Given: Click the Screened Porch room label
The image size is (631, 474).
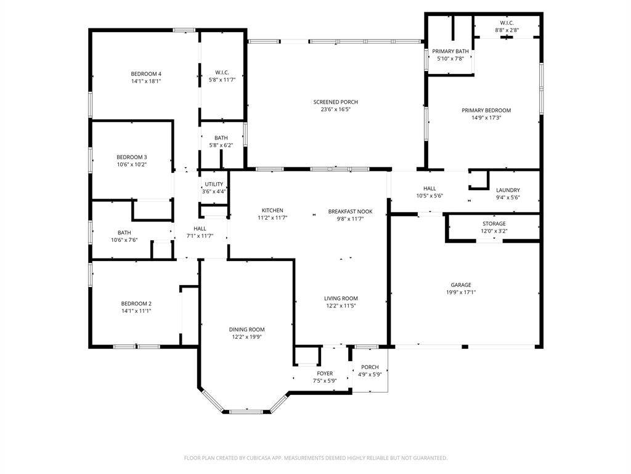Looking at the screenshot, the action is pyautogui.click(x=336, y=102).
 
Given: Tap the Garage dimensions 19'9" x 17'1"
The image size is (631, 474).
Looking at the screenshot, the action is pyautogui.click(x=461, y=292).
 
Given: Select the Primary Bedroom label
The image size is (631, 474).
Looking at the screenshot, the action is pyautogui.click(x=486, y=110).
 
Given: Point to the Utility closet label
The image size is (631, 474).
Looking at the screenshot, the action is pyautogui.click(x=214, y=184).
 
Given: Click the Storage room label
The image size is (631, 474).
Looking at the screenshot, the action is pyautogui.click(x=494, y=223).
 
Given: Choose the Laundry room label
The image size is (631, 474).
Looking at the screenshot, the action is pyautogui.click(x=508, y=190).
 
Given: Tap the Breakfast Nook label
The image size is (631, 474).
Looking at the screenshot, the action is pyautogui.click(x=350, y=212).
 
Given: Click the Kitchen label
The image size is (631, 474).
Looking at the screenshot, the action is pyautogui.click(x=272, y=210).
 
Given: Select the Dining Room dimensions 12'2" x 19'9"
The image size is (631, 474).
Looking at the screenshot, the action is pyautogui.click(x=246, y=337).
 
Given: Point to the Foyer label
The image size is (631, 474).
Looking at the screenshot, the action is pyautogui.click(x=325, y=373).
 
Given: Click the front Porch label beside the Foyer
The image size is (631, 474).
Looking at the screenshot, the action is pyautogui.click(x=370, y=367).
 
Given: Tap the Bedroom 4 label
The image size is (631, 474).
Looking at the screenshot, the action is pyautogui.click(x=146, y=74).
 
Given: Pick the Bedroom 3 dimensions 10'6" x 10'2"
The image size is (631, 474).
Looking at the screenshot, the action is pyautogui.click(x=132, y=164).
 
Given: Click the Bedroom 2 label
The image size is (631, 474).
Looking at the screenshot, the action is pyautogui.click(x=136, y=304).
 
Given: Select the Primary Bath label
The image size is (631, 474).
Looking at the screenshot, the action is pyautogui.click(x=450, y=51).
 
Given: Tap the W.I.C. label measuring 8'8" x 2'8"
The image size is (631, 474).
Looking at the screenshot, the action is pyautogui.click(x=507, y=23).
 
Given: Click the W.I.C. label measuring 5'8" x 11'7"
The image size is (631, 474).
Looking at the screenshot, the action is pyautogui.click(x=222, y=73).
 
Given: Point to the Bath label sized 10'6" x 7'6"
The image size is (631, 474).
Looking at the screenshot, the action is pyautogui.click(x=124, y=233).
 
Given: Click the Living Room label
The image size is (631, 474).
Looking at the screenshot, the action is pyautogui.click(x=341, y=299).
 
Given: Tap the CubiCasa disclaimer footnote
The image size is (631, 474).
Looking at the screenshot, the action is pyautogui.click(x=315, y=458).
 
